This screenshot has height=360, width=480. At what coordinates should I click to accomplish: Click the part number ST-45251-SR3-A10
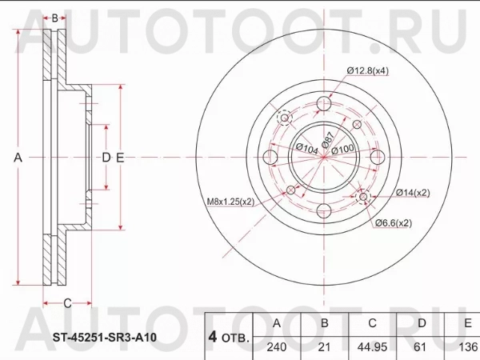click(x=99, y=338)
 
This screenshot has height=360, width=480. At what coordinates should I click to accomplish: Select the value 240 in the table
click(x=277, y=349)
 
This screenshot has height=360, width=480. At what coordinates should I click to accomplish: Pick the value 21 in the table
click(x=325, y=349)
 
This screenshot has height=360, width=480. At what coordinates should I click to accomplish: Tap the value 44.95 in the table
click(x=372, y=349)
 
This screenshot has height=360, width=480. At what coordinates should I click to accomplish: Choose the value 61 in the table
click(x=422, y=349)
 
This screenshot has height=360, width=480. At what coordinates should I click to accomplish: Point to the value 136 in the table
click(x=466, y=349)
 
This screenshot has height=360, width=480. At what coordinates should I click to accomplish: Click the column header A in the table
click(x=277, y=323)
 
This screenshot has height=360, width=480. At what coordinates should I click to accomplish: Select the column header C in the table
click(x=372, y=323)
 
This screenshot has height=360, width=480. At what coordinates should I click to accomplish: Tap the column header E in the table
click(x=466, y=323)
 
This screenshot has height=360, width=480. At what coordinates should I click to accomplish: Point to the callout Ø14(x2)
click(x=412, y=193)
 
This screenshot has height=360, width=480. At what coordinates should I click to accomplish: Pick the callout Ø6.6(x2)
click(x=394, y=223)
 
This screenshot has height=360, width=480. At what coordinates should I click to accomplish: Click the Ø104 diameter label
click(x=306, y=148)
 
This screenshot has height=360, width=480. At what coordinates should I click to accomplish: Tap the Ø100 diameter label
click(x=342, y=150)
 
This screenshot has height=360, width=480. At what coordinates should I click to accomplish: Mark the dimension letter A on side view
click(x=18, y=158)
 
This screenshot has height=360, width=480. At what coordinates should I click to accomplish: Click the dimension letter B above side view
click(x=54, y=18)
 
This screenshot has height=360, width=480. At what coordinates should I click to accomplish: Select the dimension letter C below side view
click(x=67, y=302)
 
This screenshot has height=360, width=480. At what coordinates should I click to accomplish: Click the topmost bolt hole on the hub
click(x=324, y=104)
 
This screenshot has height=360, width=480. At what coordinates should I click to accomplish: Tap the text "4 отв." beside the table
click(x=229, y=336)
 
